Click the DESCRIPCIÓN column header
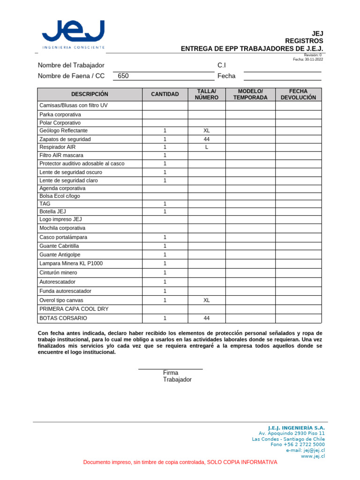click(x=90, y=94)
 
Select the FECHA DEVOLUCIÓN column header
click(x=298, y=94)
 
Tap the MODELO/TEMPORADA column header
click(x=250, y=94)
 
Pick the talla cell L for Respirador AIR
click(x=207, y=147)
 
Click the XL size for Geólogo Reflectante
click(x=207, y=131)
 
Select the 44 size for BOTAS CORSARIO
click(x=207, y=318)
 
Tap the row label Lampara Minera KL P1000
click(x=71, y=263)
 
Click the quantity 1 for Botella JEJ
click(x=165, y=211)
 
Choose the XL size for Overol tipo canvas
click(x=207, y=300)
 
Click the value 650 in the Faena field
click(x=123, y=76)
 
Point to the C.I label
click(x=222, y=65)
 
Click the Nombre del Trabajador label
click(x=71, y=65)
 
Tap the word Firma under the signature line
click(x=171, y=373)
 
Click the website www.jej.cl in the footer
click(x=313, y=456)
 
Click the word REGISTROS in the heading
click(x=304, y=41)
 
